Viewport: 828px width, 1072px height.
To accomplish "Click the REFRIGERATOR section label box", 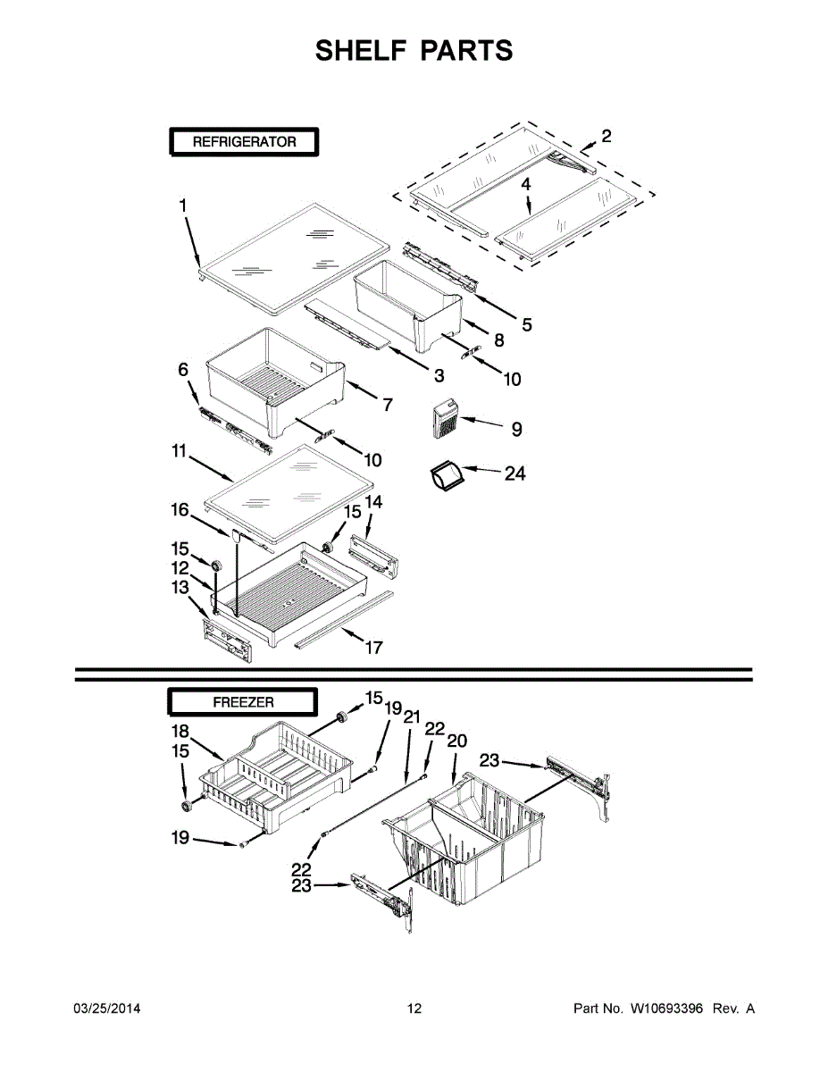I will (244, 142).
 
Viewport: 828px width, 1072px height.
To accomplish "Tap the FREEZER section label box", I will (243, 703).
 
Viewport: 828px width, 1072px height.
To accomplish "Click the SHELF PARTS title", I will (414, 51).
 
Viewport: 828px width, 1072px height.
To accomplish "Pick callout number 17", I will (374, 648).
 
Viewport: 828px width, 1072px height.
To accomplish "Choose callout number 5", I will (527, 325).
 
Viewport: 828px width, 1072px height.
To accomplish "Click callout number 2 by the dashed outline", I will (606, 137).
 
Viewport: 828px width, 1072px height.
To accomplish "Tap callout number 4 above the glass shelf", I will (526, 184).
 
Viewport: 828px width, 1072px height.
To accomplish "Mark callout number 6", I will (183, 369).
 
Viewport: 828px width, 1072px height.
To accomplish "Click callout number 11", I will (178, 454).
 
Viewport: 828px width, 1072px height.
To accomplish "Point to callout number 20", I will (456, 741).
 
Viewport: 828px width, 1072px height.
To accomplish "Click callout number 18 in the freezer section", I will (180, 731).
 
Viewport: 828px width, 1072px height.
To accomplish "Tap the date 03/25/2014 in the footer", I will (106, 1009).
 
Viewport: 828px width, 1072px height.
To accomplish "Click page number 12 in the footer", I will (414, 1009).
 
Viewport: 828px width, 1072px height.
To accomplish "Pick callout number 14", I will (373, 504).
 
